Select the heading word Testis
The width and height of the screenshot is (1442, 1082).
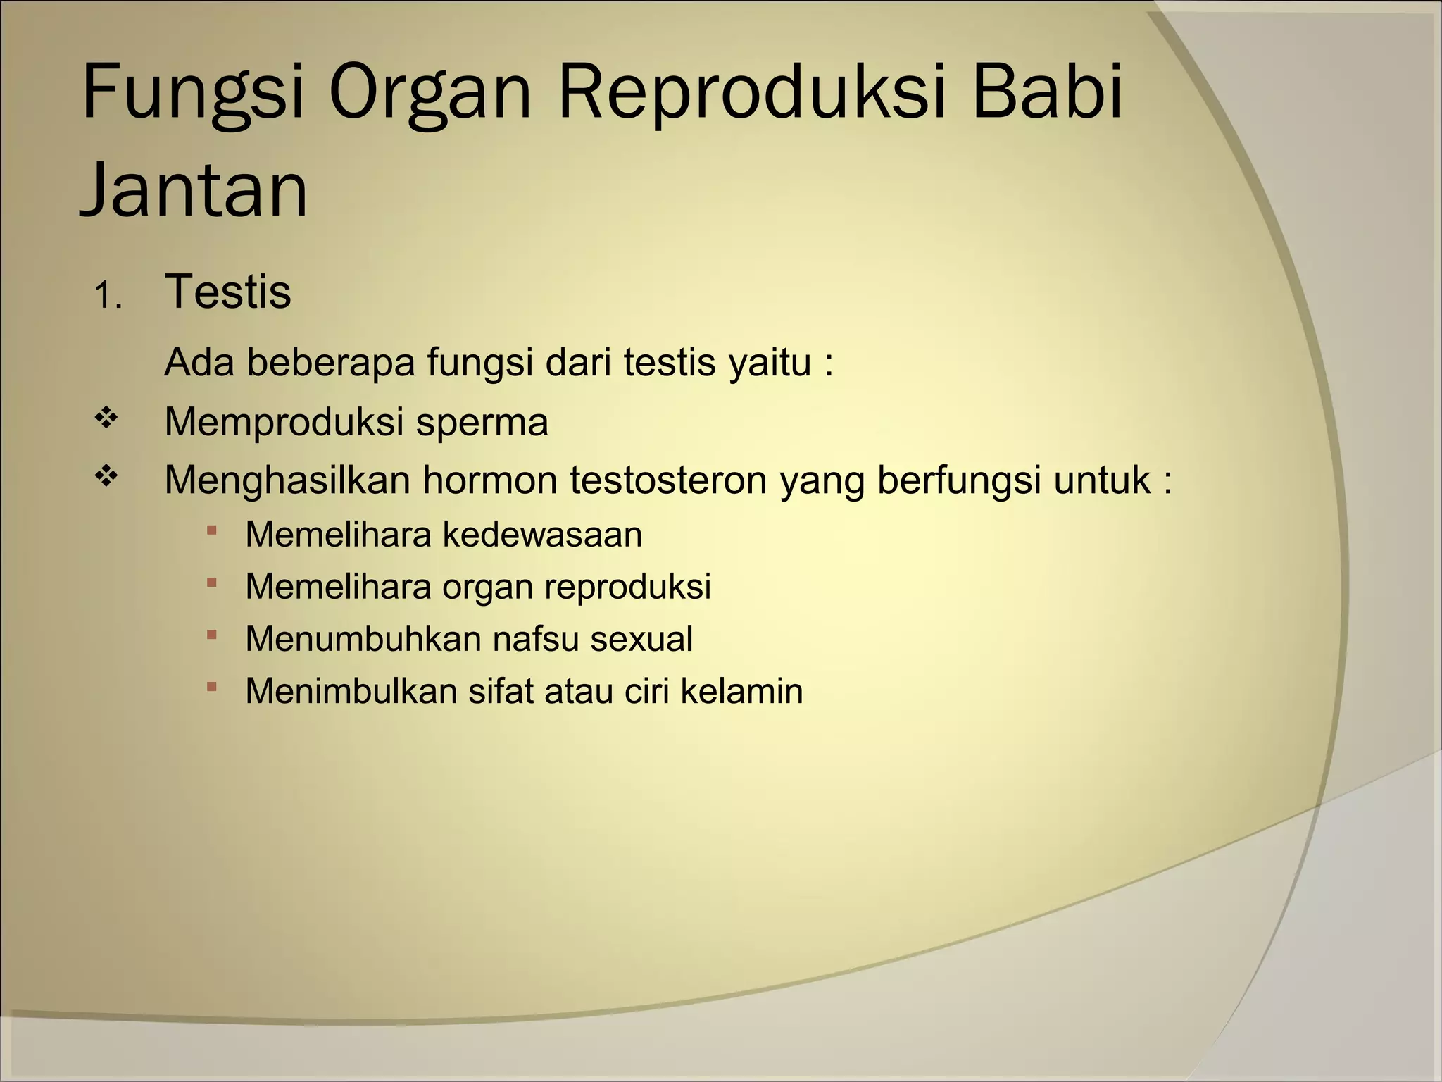coord(227,292)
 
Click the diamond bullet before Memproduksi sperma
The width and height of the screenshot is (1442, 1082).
coord(106,419)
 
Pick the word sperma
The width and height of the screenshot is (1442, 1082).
coord(482,423)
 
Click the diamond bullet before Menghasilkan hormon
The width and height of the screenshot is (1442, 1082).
coord(106,478)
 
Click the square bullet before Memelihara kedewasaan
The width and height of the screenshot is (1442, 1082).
coord(212,530)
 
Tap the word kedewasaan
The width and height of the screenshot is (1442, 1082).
coord(542,535)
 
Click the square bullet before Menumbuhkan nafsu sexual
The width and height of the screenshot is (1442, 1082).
coord(212,635)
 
